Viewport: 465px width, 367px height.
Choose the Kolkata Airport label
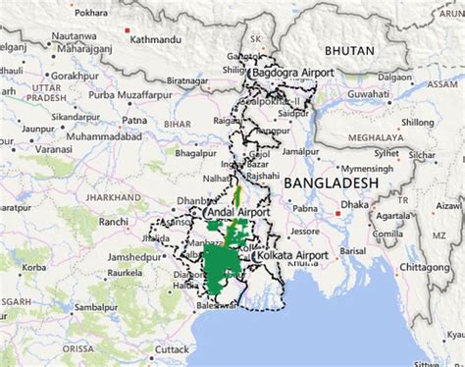click(x=290, y=255)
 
